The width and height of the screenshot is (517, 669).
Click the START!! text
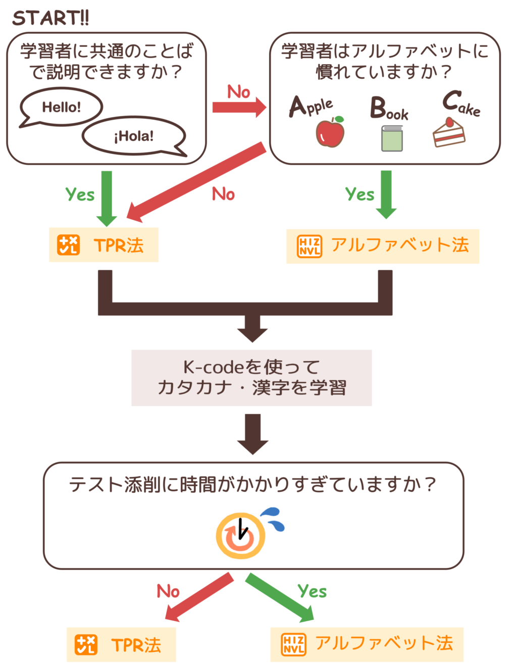point(50,18)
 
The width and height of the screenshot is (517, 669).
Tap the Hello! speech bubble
point(61,107)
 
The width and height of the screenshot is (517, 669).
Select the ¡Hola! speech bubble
point(134,136)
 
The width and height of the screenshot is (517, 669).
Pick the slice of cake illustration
point(449,132)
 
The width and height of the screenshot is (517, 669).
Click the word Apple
point(311,107)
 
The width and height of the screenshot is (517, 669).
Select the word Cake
point(460,104)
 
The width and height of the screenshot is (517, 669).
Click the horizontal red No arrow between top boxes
point(239,107)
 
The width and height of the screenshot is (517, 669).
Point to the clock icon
point(240,536)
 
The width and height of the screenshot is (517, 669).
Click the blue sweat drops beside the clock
point(274,519)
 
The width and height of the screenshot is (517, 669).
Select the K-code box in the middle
point(251,378)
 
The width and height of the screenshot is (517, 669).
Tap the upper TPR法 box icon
point(68,245)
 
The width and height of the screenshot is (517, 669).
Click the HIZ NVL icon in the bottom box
point(293,644)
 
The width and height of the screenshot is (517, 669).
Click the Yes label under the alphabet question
point(359,194)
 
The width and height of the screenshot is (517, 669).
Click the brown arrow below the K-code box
point(253,434)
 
